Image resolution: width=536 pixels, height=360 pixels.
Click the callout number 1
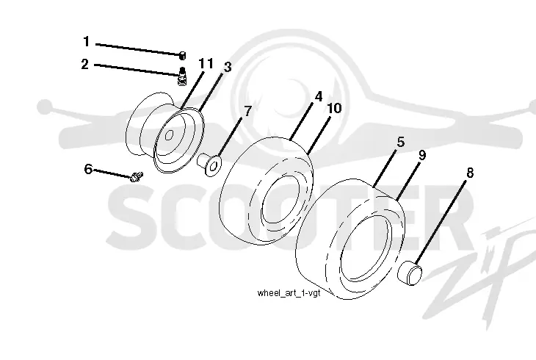click(86, 42)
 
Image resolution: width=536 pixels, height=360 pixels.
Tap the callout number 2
click(84, 65)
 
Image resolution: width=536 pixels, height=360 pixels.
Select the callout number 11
click(206, 63)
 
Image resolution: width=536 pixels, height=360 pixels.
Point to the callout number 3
click(228, 67)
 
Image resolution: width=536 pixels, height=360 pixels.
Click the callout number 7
click(248, 111)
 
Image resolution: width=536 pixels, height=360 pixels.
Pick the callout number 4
click(319, 96)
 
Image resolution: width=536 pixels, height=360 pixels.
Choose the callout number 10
click(334, 108)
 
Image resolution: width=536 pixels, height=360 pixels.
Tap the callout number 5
click(401, 142)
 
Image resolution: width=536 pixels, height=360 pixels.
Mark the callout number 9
click(422, 155)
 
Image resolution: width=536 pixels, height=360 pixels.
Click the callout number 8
click(470, 173)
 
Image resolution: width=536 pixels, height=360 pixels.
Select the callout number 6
click(88, 169)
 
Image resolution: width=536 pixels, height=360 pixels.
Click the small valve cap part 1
click(183, 55)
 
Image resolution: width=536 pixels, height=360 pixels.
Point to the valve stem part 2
click(183, 76)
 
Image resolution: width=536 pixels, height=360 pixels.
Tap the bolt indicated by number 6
click(136, 177)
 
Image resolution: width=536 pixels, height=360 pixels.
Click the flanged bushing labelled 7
click(209, 165)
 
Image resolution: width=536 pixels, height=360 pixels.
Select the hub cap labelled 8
click(410, 272)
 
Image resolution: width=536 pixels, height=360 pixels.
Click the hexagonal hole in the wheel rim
click(169, 135)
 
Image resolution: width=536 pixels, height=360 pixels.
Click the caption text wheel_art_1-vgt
click(289, 293)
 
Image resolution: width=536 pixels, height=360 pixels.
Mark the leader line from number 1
click(138, 49)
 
